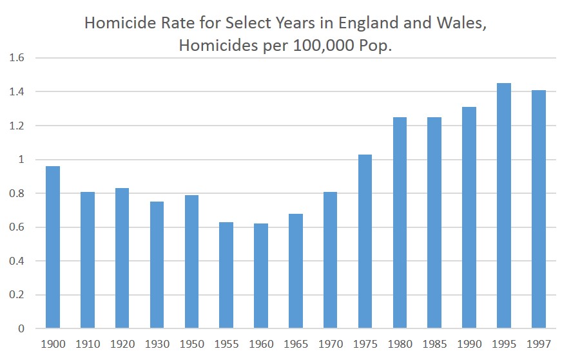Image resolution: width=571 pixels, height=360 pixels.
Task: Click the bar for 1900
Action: click(x=52, y=247)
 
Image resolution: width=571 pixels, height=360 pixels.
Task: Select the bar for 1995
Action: click(x=504, y=206)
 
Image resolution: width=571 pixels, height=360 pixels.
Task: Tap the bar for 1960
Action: click(x=261, y=276)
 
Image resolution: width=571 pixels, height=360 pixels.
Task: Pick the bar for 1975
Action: click(x=365, y=242)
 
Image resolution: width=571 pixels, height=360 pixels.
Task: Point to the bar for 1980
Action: click(x=400, y=223)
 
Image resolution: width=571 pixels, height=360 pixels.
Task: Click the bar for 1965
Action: click(x=296, y=271)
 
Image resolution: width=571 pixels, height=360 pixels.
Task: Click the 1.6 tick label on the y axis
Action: click(x=17, y=58)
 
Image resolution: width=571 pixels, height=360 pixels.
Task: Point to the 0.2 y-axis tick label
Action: click(x=17, y=295)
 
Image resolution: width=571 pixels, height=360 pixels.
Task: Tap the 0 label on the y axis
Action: click(x=21, y=329)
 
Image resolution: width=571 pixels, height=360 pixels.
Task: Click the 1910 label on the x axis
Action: click(x=87, y=345)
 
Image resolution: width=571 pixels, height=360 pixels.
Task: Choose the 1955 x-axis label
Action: click(x=226, y=345)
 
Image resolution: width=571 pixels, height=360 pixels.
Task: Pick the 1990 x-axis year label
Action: click(x=469, y=345)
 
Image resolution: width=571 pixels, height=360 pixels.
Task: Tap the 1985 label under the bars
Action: click(x=434, y=345)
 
